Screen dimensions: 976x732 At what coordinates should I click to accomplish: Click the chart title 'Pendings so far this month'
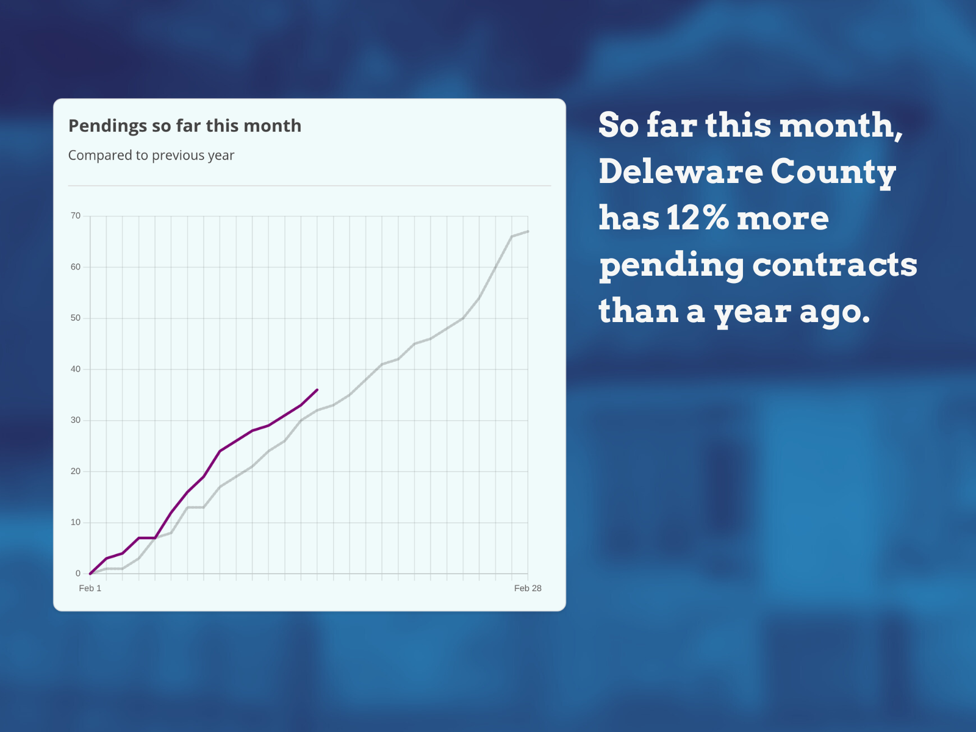tap(185, 126)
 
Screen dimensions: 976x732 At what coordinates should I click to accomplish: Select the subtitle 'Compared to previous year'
tap(151, 156)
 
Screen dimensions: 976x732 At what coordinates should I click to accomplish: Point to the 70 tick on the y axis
tap(76, 216)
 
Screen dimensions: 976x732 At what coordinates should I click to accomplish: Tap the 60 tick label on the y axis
tap(76, 267)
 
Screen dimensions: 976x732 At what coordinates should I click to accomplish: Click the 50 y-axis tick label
tap(76, 318)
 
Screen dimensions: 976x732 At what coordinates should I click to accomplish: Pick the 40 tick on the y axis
tap(76, 369)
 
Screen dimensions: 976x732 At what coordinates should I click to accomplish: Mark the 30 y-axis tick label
tap(76, 420)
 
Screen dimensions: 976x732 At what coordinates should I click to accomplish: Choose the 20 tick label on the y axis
tap(76, 472)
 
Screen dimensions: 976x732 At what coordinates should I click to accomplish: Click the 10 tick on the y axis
tap(76, 523)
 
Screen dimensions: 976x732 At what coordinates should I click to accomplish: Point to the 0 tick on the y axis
tap(78, 574)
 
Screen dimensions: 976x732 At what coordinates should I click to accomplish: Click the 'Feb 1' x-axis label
tap(90, 589)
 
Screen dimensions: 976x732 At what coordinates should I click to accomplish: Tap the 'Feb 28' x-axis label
tap(528, 589)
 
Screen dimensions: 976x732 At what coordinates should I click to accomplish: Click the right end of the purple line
tap(317, 390)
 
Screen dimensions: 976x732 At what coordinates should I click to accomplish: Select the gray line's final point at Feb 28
tap(528, 231)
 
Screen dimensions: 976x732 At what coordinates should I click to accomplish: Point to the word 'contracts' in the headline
tap(834, 265)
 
